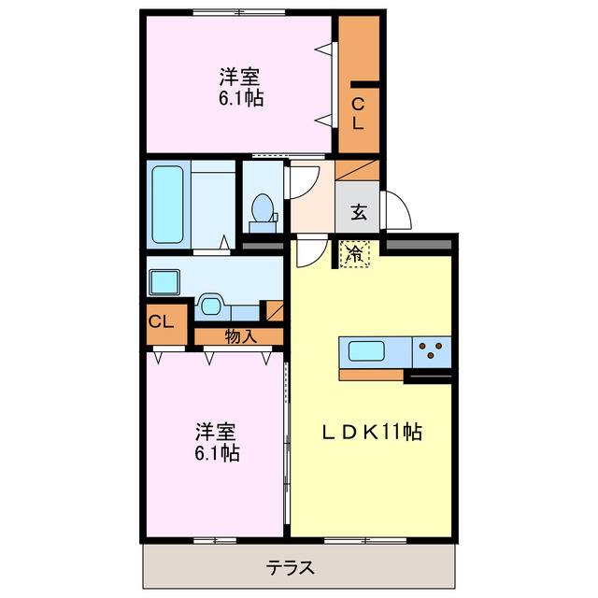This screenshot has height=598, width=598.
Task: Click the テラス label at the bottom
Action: click(290, 567)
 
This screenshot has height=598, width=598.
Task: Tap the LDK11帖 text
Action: click(372, 433)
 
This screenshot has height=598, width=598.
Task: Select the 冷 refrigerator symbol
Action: click(354, 253)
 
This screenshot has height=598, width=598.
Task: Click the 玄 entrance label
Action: click(359, 212)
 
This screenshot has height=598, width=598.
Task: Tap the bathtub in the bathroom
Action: click(169, 205)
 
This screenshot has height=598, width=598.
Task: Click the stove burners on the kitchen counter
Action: click(431, 351)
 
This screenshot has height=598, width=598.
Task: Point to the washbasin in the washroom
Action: click(210, 306)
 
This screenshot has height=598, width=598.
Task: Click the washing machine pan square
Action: click(165, 279)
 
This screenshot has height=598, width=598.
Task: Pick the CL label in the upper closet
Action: click(359, 112)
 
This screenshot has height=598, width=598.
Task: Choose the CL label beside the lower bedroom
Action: click(161, 322)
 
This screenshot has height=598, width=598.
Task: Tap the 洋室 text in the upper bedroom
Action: click(239, 76)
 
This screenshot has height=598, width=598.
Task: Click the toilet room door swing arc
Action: click(300, 183)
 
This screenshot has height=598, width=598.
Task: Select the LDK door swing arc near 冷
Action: click(308, 253)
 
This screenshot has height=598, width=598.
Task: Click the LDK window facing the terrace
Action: click(366, 540)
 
